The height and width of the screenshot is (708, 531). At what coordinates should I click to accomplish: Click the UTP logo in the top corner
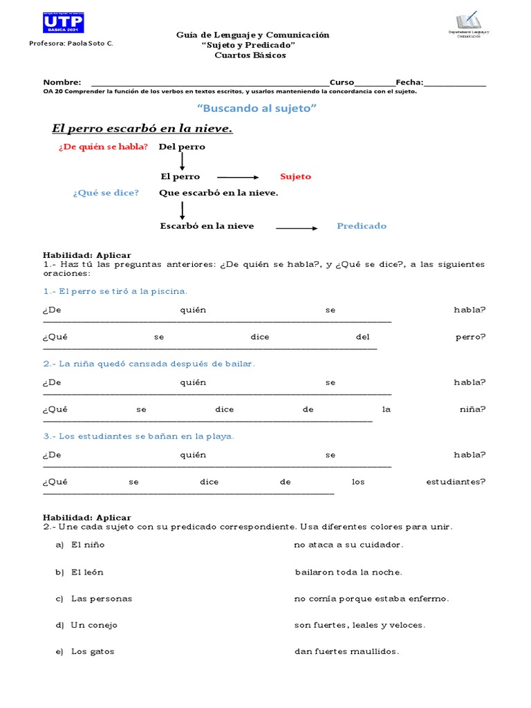63,24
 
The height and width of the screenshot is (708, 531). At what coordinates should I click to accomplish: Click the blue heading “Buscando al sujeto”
257,109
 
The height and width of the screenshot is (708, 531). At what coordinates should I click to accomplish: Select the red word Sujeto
295,177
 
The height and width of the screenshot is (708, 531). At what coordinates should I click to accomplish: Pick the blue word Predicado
362,226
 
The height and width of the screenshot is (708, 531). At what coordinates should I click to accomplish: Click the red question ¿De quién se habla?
104,147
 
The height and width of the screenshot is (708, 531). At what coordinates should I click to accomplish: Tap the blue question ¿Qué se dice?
106,193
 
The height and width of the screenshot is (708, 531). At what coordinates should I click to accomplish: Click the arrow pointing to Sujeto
237,178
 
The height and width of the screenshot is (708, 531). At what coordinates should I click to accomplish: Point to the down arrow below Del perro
182,161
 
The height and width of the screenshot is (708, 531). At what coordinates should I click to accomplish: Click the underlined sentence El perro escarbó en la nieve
142,129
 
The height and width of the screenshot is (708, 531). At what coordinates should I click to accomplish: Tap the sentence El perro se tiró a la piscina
115,291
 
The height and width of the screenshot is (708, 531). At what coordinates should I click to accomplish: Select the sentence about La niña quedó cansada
149,364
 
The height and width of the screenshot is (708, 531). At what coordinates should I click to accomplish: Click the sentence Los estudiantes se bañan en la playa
138,436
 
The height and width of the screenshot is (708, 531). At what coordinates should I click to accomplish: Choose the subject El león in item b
87,572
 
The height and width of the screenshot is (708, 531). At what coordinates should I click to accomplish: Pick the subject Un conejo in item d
94,625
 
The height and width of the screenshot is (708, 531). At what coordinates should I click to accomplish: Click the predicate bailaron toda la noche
348,572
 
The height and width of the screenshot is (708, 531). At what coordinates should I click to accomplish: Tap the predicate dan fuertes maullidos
346,651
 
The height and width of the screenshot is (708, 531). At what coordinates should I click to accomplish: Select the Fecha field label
409,82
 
